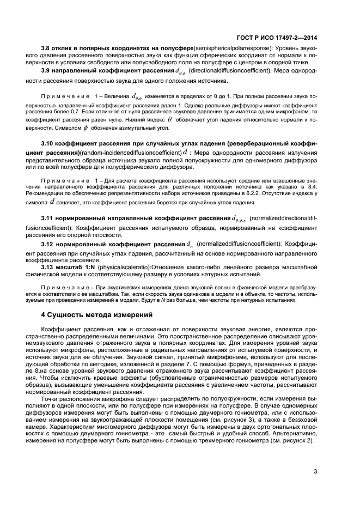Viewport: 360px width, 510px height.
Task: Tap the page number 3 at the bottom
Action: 315,472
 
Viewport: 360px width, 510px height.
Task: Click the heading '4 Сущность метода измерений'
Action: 96,315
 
